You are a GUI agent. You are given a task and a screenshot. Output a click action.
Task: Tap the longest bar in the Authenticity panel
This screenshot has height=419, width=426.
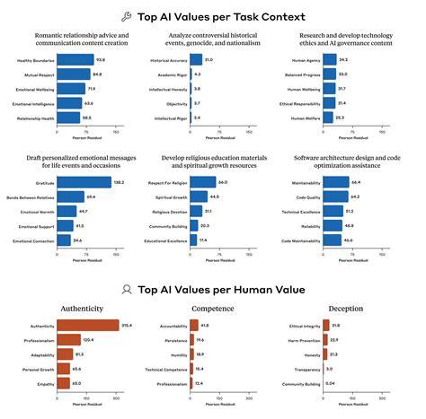tap(87, 325)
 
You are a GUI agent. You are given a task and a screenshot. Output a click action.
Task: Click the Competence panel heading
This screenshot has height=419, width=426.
tap(212, 309)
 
